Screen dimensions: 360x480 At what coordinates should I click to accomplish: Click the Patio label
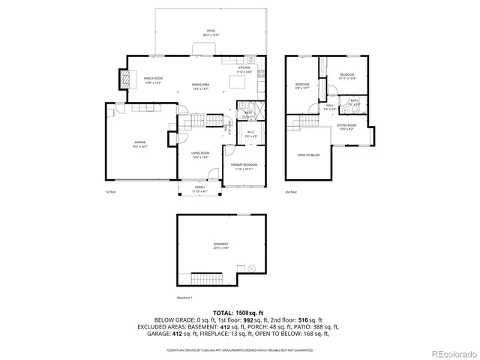pyautogui.click(x=210, y=31)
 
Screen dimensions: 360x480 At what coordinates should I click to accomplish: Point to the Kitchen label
pyautogui.click(x=244, y=68)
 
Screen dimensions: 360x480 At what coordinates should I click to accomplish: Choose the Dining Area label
pyautogui.click(x=200, y=86)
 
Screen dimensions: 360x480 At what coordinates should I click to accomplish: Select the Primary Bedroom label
pyautogui.click(x=244, y=166)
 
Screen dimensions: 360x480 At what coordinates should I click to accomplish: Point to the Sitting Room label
pyautogui.click(x=346, y=126)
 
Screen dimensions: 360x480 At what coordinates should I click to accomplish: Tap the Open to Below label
pyautogui.click(x=308, y=155)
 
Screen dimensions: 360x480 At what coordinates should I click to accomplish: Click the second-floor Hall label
pyautogui.click(x=329, y=108)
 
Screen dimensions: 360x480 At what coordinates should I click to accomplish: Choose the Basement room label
pyautogui.click(x=220, y=245)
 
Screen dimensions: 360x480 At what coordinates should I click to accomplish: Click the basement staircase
pyautogui.click(x=209, y=277)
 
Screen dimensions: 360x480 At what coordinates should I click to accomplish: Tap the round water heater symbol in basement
pyautogui.click(x=252, y=269)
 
